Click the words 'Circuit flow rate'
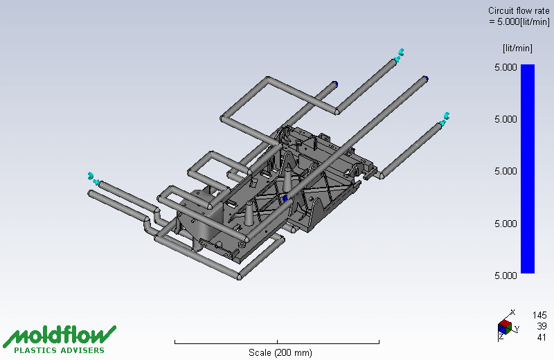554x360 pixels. point(519,11)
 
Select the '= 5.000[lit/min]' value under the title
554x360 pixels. point(519,22)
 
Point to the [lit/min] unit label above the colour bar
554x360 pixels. point(517,48)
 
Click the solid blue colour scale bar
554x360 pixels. point(528,168)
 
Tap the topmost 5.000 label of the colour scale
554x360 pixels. point(506,67)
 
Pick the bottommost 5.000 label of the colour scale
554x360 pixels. point(506,276)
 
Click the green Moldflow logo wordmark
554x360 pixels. point(60,336)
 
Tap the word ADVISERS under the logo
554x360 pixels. point(82,350)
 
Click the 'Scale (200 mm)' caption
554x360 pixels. point(280,352)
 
